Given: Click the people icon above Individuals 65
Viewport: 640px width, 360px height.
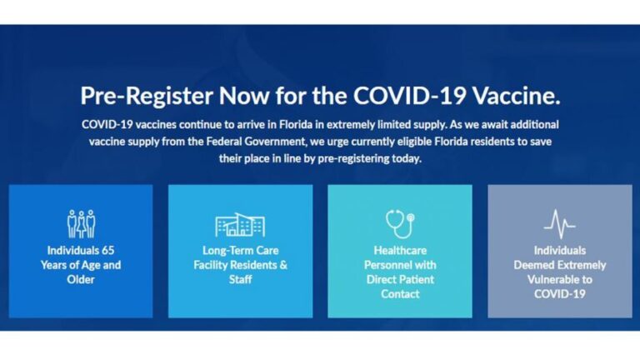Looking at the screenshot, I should pos(81,223).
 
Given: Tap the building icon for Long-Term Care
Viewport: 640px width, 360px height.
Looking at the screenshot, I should pos(240,224).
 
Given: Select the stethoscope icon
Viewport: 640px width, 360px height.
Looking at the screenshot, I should pos(399,223).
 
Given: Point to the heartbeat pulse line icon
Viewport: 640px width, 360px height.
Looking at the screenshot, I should pos(559,224).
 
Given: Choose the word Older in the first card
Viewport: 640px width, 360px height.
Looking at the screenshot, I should pos(81,279).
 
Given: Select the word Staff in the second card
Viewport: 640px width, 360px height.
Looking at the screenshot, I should pos(240,279).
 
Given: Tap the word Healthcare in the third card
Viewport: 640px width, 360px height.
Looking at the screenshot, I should pos(400,250).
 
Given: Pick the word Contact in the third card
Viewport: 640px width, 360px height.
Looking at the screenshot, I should pos(400,293).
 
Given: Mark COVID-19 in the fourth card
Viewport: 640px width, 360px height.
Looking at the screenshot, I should pos(559,293).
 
